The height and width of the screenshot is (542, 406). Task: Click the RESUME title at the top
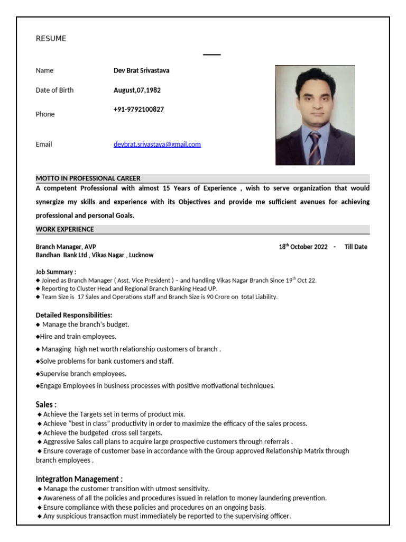tap(51, 39)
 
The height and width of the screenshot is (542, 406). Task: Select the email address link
tap(157, 144)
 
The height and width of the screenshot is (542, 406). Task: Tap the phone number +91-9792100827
tap(139, 110)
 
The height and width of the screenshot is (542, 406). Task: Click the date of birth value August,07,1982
tap(137, 90)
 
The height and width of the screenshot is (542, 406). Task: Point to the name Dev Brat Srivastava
tap(141, 70)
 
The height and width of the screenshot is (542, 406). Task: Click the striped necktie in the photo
tap(315, 148)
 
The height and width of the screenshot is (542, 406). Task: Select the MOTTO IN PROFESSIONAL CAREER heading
tap(88, 178)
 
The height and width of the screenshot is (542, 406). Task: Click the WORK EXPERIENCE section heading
tap(64, 229)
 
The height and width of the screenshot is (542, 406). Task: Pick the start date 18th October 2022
tap(303, 247)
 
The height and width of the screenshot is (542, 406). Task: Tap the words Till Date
tap(355, 247)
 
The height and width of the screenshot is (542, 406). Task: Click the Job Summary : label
tap(56, 272)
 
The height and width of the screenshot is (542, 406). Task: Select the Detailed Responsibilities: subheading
tap(73, 315)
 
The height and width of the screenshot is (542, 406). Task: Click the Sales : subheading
tap(46, 404)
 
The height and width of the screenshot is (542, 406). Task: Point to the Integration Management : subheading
tap(79, 479)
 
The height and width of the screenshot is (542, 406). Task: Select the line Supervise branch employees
tap(83, 374)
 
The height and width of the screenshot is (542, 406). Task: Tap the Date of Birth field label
tap(54, 90)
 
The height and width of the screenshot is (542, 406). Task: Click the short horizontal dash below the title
tap(212, 55)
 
